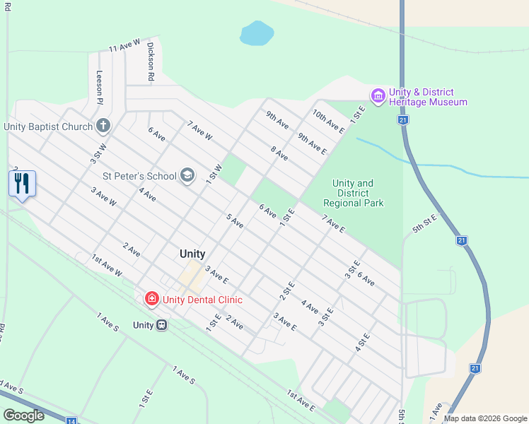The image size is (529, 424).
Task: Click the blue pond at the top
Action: [x=256, y=33]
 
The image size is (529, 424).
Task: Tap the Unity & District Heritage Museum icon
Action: [x=378, y=95]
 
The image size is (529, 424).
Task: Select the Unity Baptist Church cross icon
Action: [x=103, y=126]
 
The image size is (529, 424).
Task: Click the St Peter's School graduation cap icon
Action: [x=187, y=175]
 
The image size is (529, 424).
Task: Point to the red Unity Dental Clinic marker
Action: [x=151, y=300]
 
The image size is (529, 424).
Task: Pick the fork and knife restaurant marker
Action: [x=22, y=184]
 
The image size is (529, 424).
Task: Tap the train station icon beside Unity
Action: [x=162, y=325]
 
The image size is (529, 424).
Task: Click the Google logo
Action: [x=23, y=416]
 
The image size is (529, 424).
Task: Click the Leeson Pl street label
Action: [x=100, y=86]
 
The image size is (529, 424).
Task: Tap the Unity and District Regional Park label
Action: [x=354, y=193]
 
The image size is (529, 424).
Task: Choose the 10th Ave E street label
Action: [x=329, y=121]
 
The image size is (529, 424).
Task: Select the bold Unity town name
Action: [x=192, y=254]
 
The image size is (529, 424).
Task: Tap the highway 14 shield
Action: [x=71, y=421]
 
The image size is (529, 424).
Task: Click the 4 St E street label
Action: [x=362, y=343]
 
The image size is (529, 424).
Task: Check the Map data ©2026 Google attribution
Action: [x=484, y=418]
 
